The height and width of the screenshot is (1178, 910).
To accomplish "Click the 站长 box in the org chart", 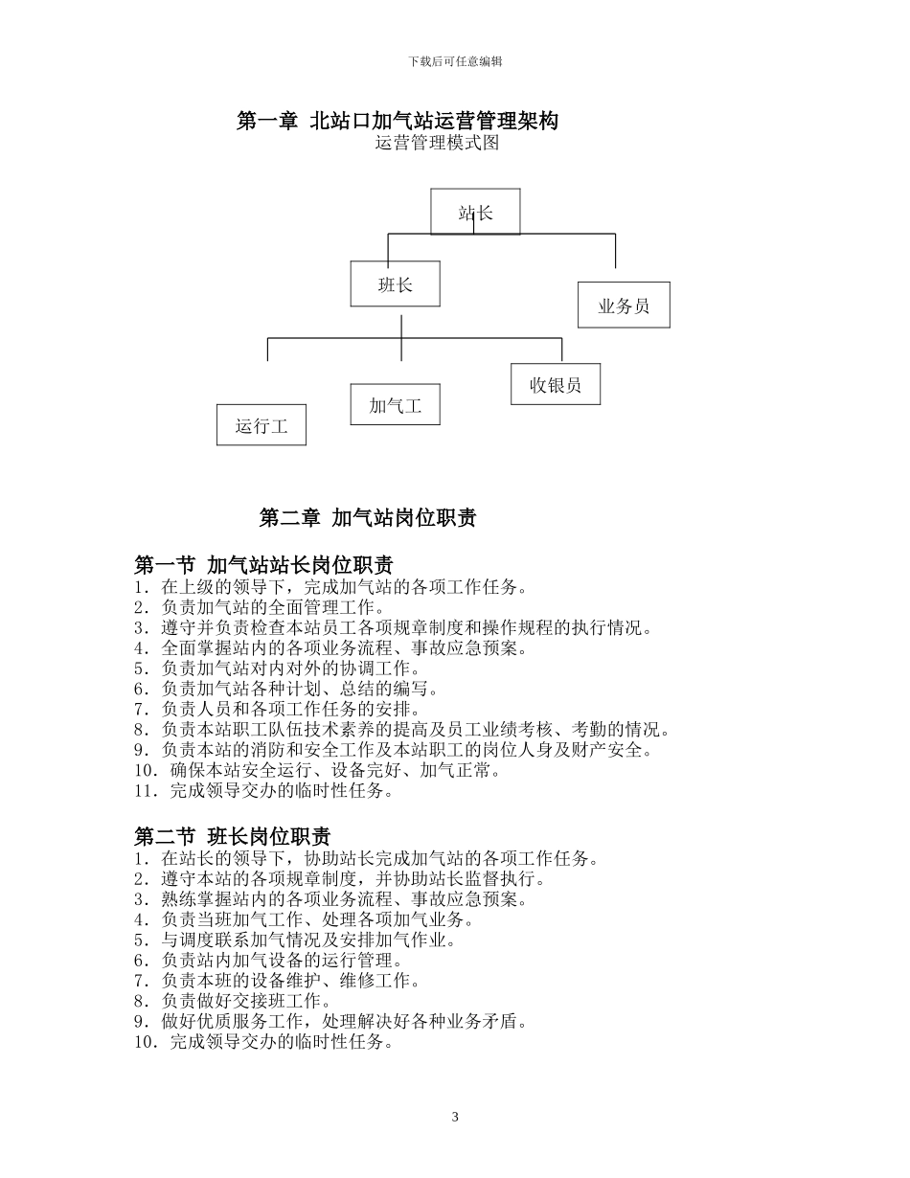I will [475, 212].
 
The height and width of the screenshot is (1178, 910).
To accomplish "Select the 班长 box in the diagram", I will [395, 284].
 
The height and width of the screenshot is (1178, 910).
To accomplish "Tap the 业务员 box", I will [624, 306].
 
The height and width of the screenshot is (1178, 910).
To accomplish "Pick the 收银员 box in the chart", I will [556, 384].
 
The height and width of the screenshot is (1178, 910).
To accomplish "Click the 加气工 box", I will [396, 405].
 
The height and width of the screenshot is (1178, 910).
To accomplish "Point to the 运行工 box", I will [262, 425].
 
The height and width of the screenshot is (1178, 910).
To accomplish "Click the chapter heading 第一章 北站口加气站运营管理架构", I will [398, 121].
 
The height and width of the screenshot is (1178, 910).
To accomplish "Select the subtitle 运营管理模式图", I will [437, 144].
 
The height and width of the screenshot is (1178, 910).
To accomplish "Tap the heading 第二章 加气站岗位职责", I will [368, 518].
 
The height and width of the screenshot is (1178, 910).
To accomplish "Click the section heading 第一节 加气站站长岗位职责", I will [263, 565].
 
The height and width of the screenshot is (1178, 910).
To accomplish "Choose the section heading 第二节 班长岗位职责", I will [233, 836].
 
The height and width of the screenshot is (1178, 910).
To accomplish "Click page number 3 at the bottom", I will [455, 1117].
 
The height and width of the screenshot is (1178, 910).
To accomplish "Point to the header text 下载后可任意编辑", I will [455, 61].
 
